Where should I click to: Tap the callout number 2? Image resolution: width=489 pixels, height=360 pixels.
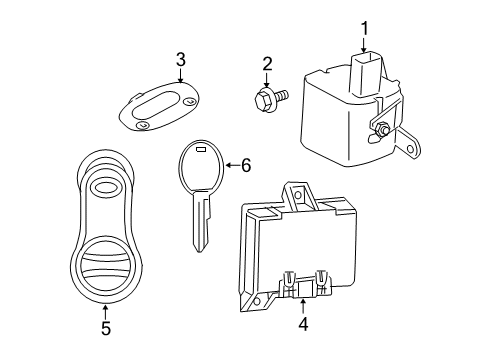pos(267,66)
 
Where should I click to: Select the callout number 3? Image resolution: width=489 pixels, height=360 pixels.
pos(180,60)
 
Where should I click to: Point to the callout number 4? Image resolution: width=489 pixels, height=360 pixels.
pos(303,323)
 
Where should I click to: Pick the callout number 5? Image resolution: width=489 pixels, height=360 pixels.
pos(107,326)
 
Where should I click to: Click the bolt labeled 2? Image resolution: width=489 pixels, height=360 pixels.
pos(271,98)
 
